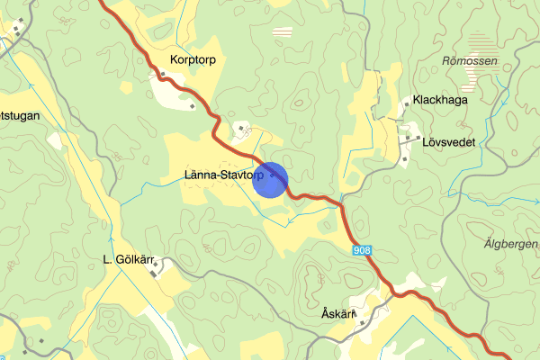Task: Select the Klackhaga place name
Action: coord(440,101)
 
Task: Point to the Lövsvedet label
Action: coord(448,142)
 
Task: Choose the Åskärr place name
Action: coord(340,314)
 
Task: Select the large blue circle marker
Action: coord(271,179)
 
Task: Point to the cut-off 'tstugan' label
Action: coord(20,116)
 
